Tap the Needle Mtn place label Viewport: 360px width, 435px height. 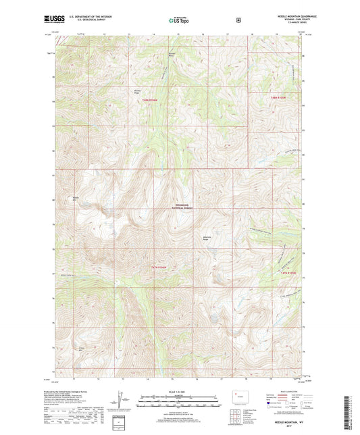pyautogui.click(x=76, y=198)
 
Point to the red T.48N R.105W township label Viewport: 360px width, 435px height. pyautogui.click(x=279, y=97)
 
